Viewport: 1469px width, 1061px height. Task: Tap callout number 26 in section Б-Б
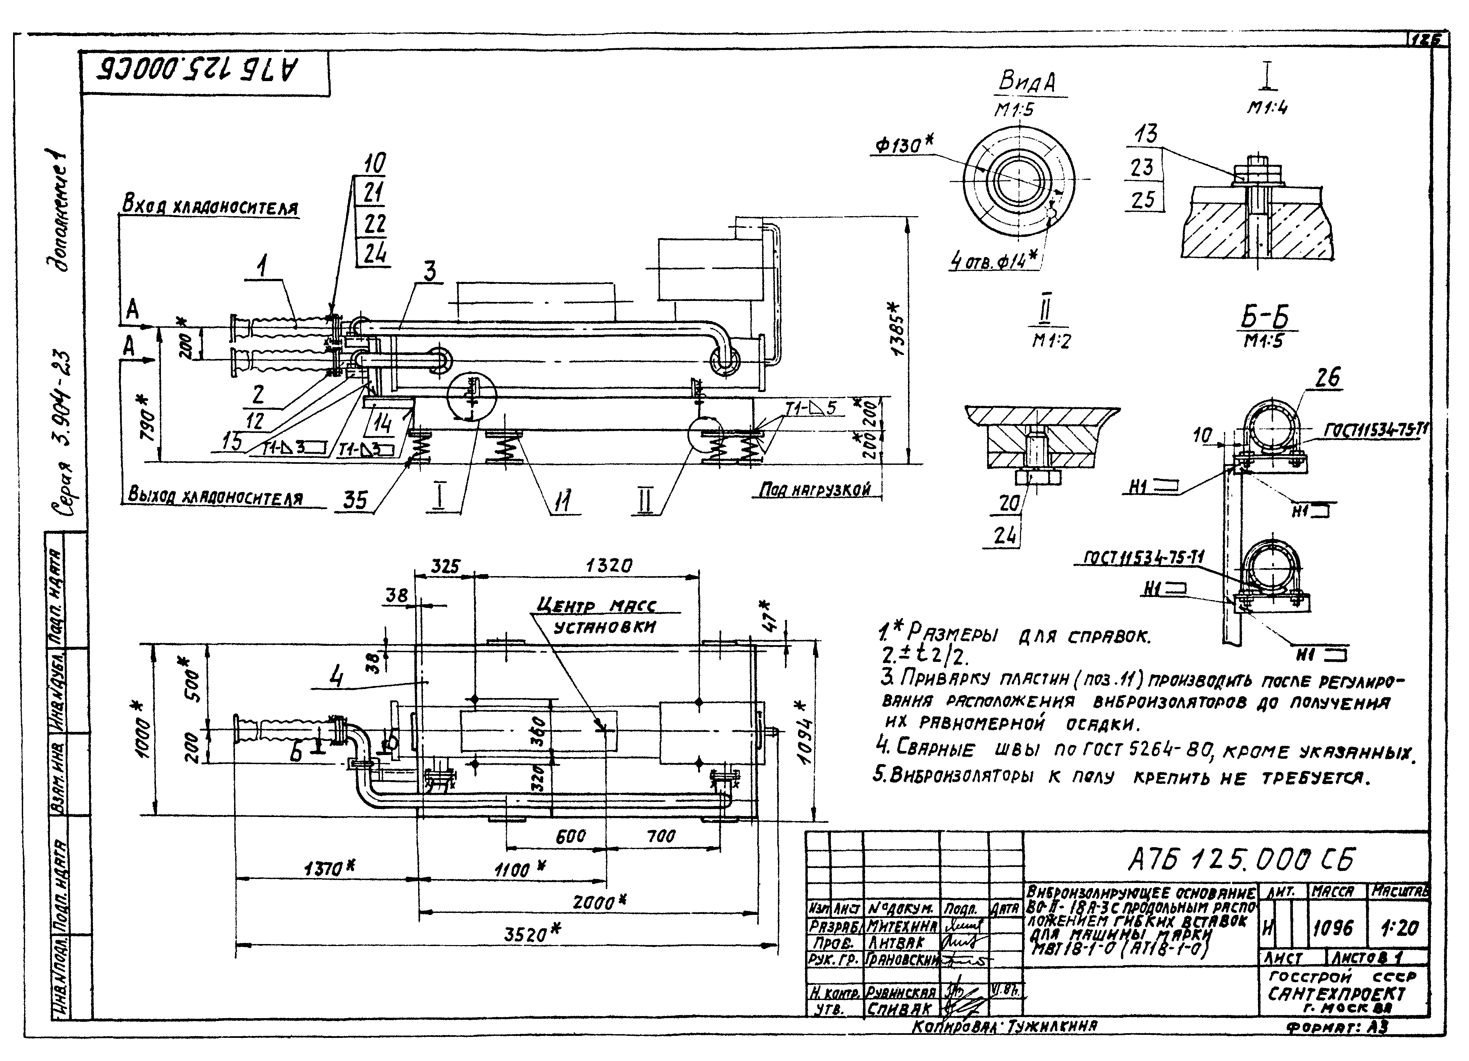[1327, 377]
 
